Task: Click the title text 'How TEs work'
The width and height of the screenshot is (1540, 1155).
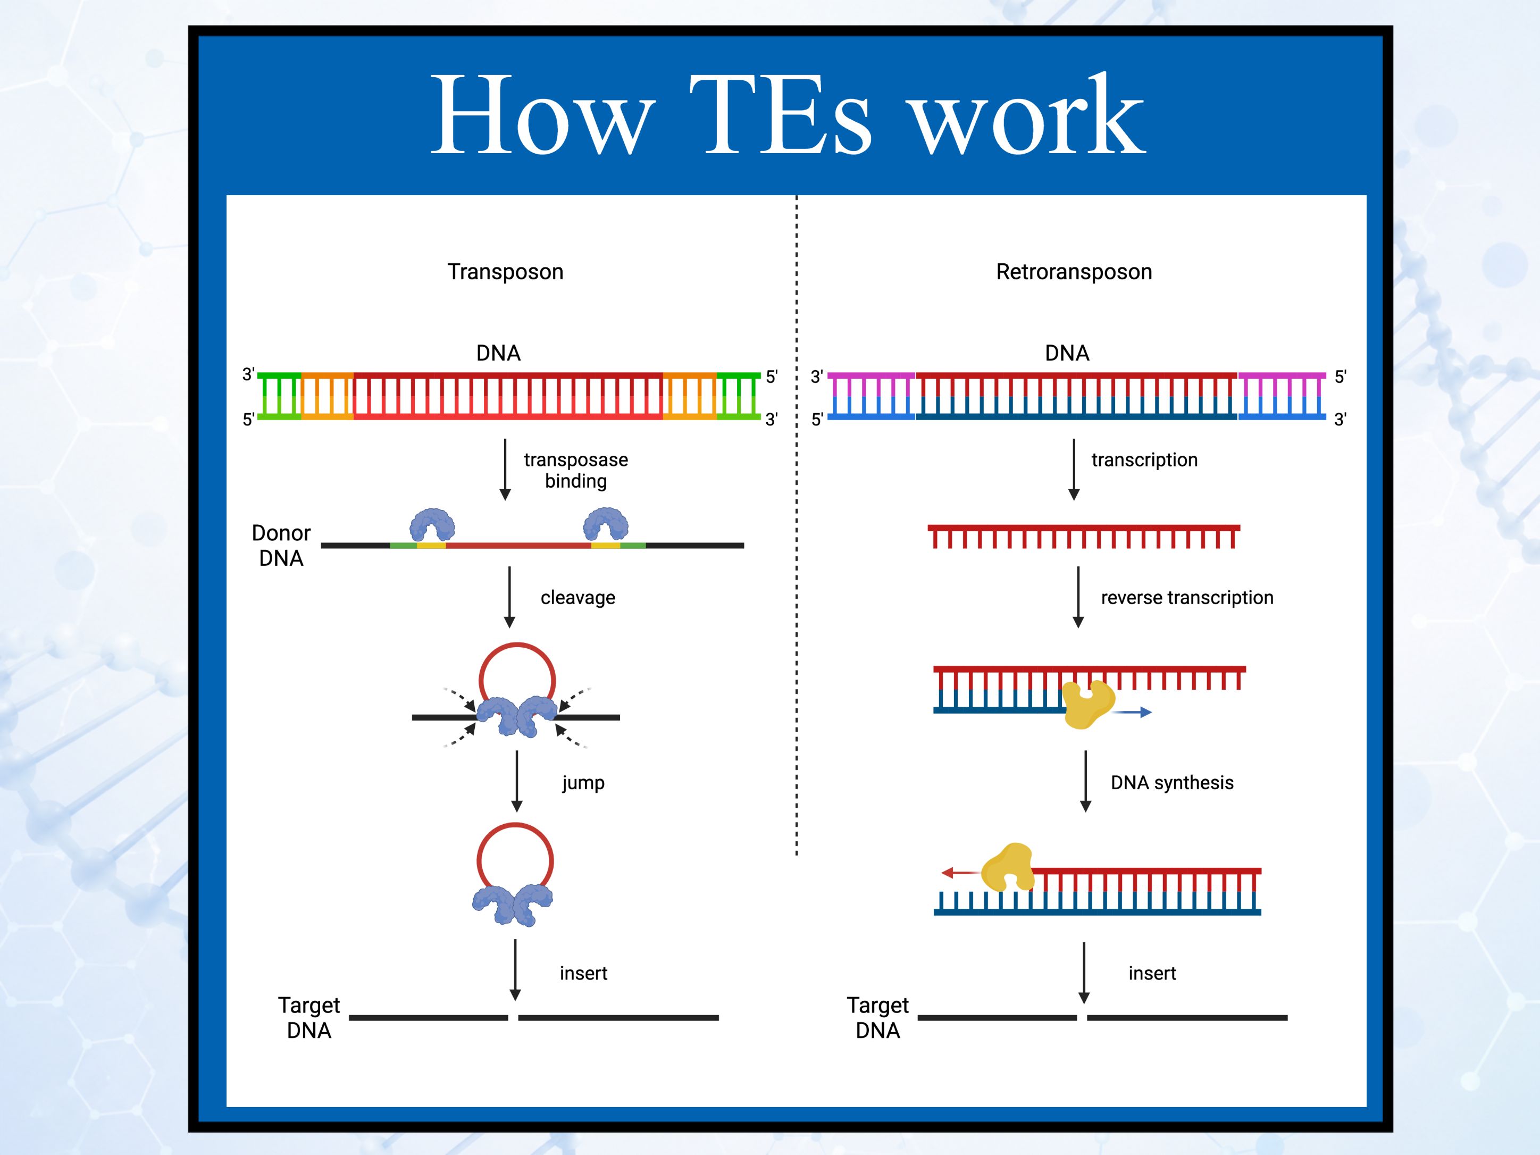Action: pos(788,115)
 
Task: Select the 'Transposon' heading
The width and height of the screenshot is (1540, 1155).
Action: pos(505,272)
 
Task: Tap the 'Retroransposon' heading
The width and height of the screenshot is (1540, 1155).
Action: pos(1074,272)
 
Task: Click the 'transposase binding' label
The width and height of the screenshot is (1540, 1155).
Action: pos(576,470)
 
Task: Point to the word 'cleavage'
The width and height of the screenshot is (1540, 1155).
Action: pos(578,597)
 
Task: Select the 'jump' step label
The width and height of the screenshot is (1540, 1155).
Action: pos(583,783)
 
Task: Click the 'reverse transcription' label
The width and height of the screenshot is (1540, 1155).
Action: pos(1187,597)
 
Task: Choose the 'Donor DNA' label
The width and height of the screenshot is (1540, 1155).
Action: pos(281,545)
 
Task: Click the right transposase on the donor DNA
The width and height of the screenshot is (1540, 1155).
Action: pos(606,524)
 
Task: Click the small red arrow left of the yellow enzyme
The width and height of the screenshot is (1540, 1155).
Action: pos(961,872)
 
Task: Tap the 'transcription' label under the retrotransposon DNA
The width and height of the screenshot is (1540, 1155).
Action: pos(1144,459)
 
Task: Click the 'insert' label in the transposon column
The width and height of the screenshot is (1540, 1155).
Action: pos(583,973)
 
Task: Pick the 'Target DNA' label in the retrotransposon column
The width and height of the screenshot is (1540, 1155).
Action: pos(878,1018)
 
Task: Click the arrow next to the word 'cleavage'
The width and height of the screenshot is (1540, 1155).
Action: pos(509,597)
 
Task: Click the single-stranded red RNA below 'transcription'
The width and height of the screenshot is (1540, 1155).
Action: pos(1084,536)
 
